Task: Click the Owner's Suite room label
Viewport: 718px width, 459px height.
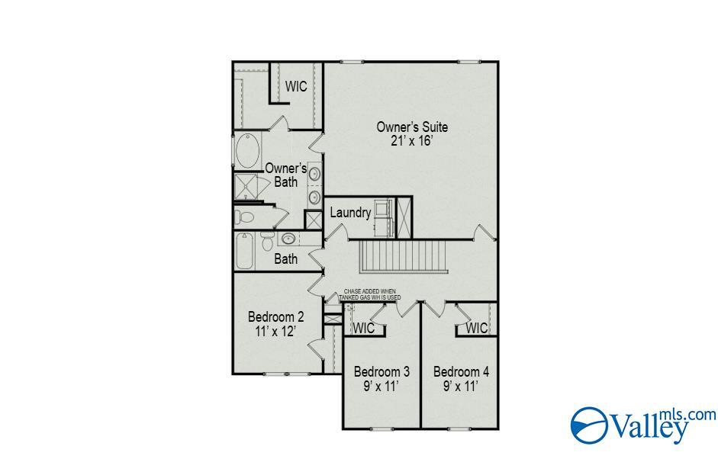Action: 412,127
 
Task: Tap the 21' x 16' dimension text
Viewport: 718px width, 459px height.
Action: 412,140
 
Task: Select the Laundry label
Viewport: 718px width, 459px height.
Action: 350,213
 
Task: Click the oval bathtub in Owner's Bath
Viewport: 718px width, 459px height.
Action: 248,150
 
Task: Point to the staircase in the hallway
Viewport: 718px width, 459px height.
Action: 403,257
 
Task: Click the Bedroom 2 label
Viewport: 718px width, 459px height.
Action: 275,316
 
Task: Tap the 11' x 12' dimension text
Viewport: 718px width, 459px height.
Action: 275,331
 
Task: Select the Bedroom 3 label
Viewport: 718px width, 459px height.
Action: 382,371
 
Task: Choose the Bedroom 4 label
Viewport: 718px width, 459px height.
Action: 461,371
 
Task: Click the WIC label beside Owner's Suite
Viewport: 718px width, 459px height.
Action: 296,86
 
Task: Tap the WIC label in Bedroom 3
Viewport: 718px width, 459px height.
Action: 364,328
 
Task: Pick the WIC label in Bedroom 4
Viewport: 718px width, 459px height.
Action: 477,328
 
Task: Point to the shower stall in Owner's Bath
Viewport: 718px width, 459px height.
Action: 246,187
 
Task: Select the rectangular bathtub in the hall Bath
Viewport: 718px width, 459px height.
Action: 244,252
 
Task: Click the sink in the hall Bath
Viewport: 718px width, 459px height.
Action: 288,239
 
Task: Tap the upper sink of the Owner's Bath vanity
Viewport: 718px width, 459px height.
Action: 314,174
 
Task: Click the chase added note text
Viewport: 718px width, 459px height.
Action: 369,294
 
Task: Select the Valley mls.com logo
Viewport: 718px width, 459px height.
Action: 643,425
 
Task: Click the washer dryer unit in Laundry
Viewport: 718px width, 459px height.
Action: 383,218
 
